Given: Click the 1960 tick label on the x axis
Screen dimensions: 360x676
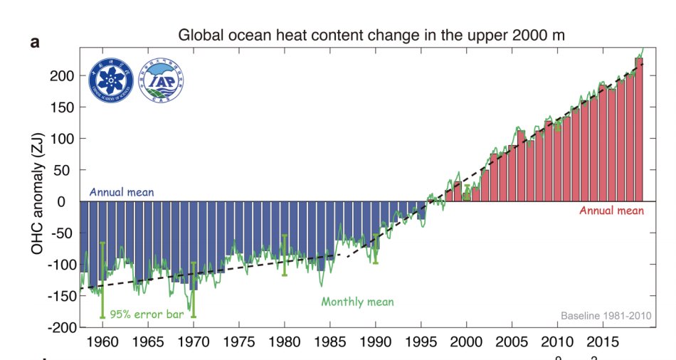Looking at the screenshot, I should click(x=102, y=342).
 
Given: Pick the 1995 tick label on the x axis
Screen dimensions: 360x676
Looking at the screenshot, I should click(x=421, y=342).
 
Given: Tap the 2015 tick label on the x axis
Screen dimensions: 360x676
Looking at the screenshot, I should click(x=602, y=342).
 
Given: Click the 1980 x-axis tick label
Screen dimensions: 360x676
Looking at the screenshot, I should click(x=285, y=342).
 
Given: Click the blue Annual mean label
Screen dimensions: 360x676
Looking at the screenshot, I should click(x=121, y=192).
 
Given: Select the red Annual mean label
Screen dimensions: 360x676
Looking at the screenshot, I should click(x=611, y=211).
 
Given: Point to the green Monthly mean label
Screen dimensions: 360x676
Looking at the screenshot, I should click(x=357, y=302).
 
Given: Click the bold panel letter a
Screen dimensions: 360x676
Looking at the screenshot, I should click(x=34, y=43).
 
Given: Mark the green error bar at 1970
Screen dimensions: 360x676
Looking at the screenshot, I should click(x=193, y=290).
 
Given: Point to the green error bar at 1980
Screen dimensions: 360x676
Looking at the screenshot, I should click(x=285, y=255).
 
